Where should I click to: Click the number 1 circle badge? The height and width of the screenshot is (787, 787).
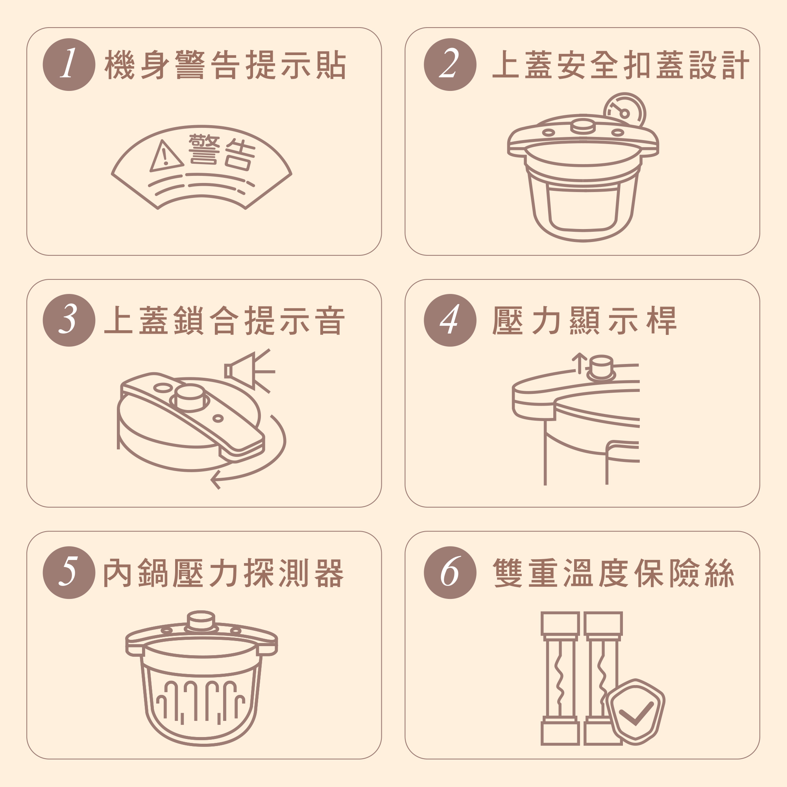69,65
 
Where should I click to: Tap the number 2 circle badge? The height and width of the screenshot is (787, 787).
450,65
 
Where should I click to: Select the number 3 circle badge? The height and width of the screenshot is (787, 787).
69,320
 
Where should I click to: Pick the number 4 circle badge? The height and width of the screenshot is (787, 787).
450,320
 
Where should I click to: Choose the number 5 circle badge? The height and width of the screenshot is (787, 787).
69,572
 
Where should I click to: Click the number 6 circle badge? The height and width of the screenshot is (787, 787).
450,572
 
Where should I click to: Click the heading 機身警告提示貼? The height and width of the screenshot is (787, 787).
225,65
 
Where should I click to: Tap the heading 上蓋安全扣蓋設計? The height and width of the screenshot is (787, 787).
621,65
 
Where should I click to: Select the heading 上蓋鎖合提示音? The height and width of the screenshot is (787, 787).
224,321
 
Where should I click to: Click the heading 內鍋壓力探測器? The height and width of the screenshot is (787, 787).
224,573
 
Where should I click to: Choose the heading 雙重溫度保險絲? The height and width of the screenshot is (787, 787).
613,573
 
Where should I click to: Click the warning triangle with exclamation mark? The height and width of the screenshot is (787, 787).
165,157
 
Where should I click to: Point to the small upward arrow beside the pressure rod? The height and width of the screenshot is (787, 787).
579,363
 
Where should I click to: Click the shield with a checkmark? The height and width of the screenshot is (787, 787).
635,711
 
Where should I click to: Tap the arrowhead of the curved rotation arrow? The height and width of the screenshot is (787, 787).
216,479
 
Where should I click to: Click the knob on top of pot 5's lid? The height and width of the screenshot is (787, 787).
200,621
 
